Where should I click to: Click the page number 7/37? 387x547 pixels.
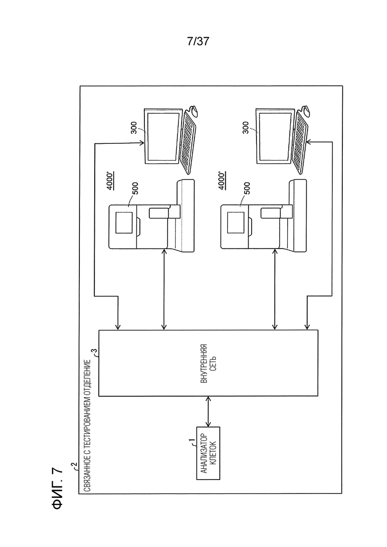click(198, 42)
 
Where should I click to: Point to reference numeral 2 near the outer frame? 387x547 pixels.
click(74, 465)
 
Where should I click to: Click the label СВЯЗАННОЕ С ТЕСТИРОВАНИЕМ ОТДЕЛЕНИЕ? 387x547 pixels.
click(88, 425)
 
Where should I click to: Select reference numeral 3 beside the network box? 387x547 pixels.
click(93, 351)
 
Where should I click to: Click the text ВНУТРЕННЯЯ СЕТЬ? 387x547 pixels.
click(209, 363)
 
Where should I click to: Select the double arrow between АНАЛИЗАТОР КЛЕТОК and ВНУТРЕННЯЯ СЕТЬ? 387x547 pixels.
click(208, 412)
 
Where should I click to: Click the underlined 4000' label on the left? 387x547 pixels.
click(110, 181)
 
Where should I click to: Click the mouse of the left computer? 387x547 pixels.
click(194, 111)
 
